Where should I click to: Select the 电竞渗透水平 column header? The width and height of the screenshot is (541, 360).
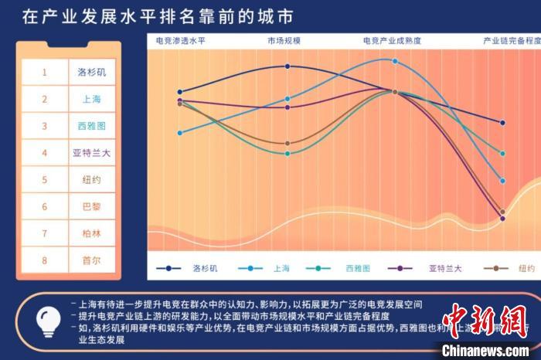point(182,40)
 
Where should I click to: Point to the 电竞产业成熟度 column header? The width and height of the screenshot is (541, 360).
point(392,40)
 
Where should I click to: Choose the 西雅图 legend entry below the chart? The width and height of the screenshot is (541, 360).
point(358,268)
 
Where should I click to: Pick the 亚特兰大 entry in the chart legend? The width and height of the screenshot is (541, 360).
point(444,268)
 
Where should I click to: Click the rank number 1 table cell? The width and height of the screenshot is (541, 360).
point(45,72)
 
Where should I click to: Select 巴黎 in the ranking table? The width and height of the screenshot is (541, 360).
point(91,207)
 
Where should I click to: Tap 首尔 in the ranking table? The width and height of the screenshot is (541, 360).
point(91,260)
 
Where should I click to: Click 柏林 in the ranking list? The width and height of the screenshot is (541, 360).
point(91,233)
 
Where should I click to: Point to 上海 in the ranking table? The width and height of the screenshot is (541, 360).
point(91,99)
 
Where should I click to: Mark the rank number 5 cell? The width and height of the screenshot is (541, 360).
point(45,180)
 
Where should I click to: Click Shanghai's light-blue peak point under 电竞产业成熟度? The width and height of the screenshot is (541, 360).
point(394,61)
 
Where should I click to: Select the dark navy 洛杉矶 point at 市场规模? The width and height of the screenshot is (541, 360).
point(288,66)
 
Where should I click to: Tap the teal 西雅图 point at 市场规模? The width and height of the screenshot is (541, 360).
point(288,153)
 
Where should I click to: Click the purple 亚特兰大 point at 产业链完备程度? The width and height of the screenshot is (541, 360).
point(502,219)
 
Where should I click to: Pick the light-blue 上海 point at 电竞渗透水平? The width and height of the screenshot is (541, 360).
point(179,133)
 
